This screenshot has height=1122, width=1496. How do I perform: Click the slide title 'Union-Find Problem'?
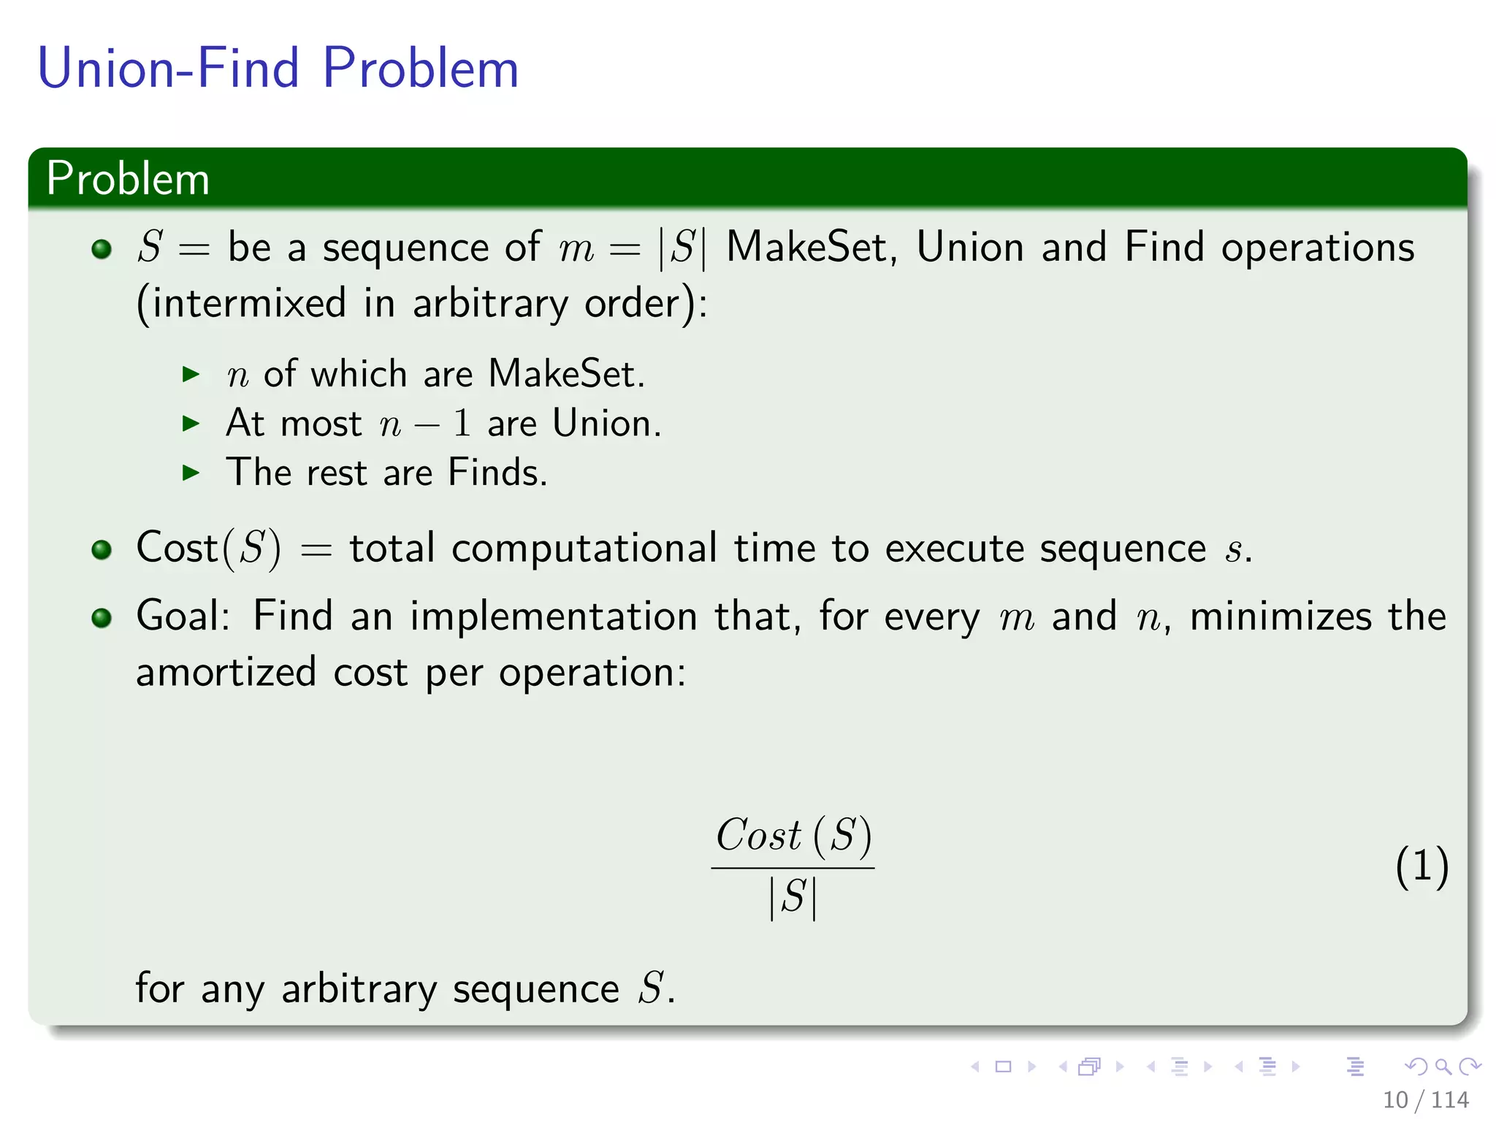click(x=278, y=68)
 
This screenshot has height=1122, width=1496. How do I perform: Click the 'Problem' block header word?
click(x=128, y=178)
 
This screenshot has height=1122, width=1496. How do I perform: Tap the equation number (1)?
click(x=1421, y=867)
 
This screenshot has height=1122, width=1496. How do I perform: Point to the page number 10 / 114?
click(x=1425, y=1099)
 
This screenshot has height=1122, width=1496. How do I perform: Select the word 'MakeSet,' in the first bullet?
click(x=811, y=247)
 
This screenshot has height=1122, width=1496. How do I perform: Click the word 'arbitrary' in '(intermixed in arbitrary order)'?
click(x=490, y=303)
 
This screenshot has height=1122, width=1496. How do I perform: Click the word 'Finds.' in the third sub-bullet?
click(x=497, y=473)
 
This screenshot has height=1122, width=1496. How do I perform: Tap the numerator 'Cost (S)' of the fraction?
click(x=793, y=835)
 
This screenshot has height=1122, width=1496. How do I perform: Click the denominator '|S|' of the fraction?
click(x=793, y=897)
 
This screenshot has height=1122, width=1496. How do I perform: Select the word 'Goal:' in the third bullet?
click(x=183, y=616)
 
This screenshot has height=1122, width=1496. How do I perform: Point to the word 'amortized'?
click(x=226, y=672)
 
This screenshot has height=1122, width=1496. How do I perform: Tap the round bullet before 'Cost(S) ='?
click(x=102, y=549)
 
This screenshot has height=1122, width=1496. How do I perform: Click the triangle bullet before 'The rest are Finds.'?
click(x=191, y=473)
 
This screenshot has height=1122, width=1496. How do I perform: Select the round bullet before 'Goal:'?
click(x=102, y=618)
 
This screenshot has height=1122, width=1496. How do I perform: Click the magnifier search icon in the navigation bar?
click(x=1443, y=1066)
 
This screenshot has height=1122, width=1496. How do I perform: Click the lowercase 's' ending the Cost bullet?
click(x=1234, y=550)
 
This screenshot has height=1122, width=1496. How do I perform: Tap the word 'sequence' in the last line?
click(x=535, y=990)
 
